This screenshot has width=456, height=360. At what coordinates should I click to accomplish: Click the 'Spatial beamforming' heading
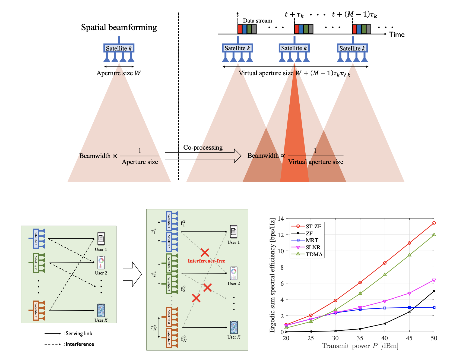[119, 27]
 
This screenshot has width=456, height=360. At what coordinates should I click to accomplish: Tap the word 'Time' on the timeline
[397, 35]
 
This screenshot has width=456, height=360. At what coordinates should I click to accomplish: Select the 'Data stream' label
[257, 21]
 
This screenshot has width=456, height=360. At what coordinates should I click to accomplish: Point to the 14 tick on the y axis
[281, 219]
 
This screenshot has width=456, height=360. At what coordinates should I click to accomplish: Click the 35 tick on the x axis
[360, 338]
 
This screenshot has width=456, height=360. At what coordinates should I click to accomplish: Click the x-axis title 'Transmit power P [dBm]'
[360, 346]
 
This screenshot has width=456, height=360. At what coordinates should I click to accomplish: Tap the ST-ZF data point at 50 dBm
[434, 223]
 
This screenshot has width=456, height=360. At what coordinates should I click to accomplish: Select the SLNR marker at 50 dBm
[434, 280]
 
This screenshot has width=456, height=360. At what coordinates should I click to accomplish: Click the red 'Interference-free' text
[206, 261]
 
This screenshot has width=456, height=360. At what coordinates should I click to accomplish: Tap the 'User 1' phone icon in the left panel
[101, 239]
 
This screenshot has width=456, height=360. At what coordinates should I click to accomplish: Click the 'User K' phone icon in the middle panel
[234, 327]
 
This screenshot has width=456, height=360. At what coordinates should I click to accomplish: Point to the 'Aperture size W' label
[119, 73]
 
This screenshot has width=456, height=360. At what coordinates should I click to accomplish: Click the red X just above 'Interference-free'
[205, 252]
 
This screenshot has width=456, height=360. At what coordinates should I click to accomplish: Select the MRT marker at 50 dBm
[434, 307]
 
